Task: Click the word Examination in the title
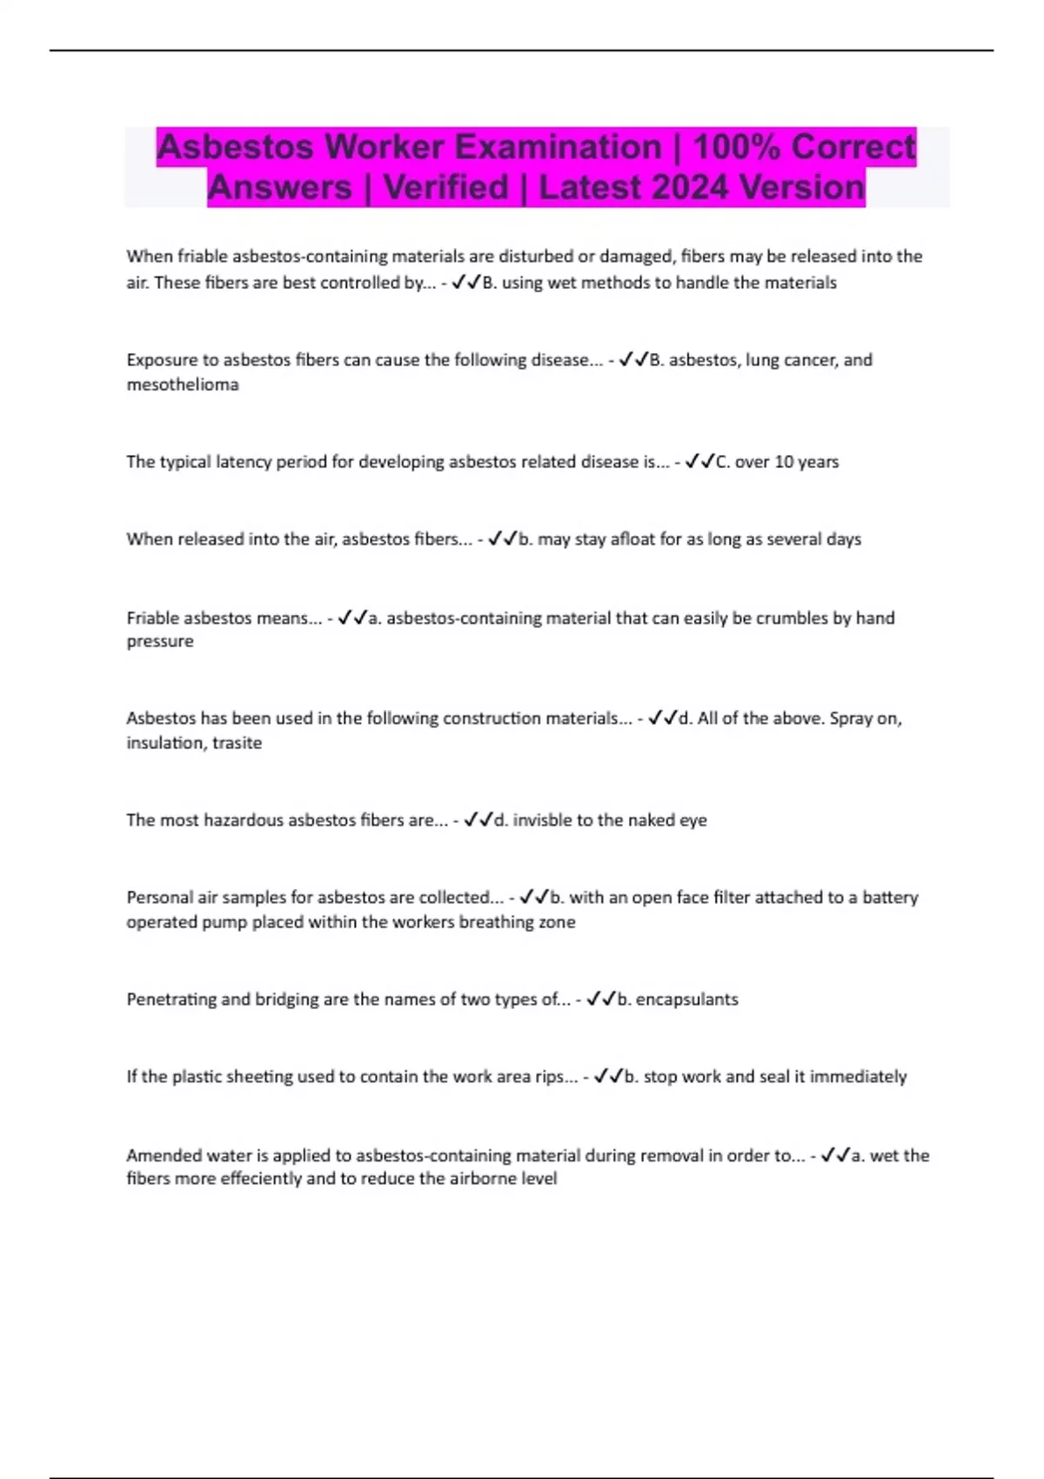492,147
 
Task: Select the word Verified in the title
445,188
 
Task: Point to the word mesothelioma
183,385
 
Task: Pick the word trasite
237,743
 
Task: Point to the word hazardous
243,820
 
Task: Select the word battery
890,898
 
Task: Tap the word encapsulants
686,1000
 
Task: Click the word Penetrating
171,1000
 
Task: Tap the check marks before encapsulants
601,1000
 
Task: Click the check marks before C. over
699,462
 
